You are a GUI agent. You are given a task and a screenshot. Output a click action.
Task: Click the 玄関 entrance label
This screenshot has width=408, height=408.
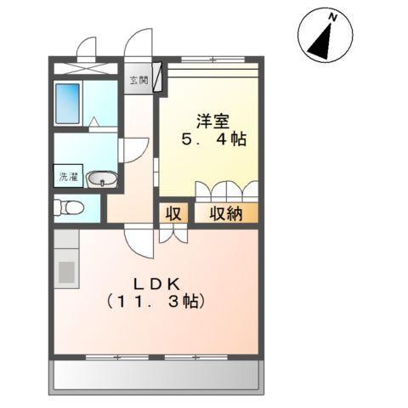coord(138,81)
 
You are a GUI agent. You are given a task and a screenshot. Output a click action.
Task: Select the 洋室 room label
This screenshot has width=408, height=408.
coord(210,120)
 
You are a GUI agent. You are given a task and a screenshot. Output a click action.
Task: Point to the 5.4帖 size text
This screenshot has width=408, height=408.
coord(212,139)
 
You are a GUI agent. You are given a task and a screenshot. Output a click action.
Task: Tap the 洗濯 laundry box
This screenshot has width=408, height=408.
coord(67,177)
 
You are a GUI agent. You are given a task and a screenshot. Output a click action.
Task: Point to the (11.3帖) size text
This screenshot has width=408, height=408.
coord(157,301)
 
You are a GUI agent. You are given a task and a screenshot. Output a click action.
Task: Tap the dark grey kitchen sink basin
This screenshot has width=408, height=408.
coord(65,273)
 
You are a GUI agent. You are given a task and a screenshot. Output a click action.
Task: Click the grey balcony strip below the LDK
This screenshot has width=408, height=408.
coord(158,374)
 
